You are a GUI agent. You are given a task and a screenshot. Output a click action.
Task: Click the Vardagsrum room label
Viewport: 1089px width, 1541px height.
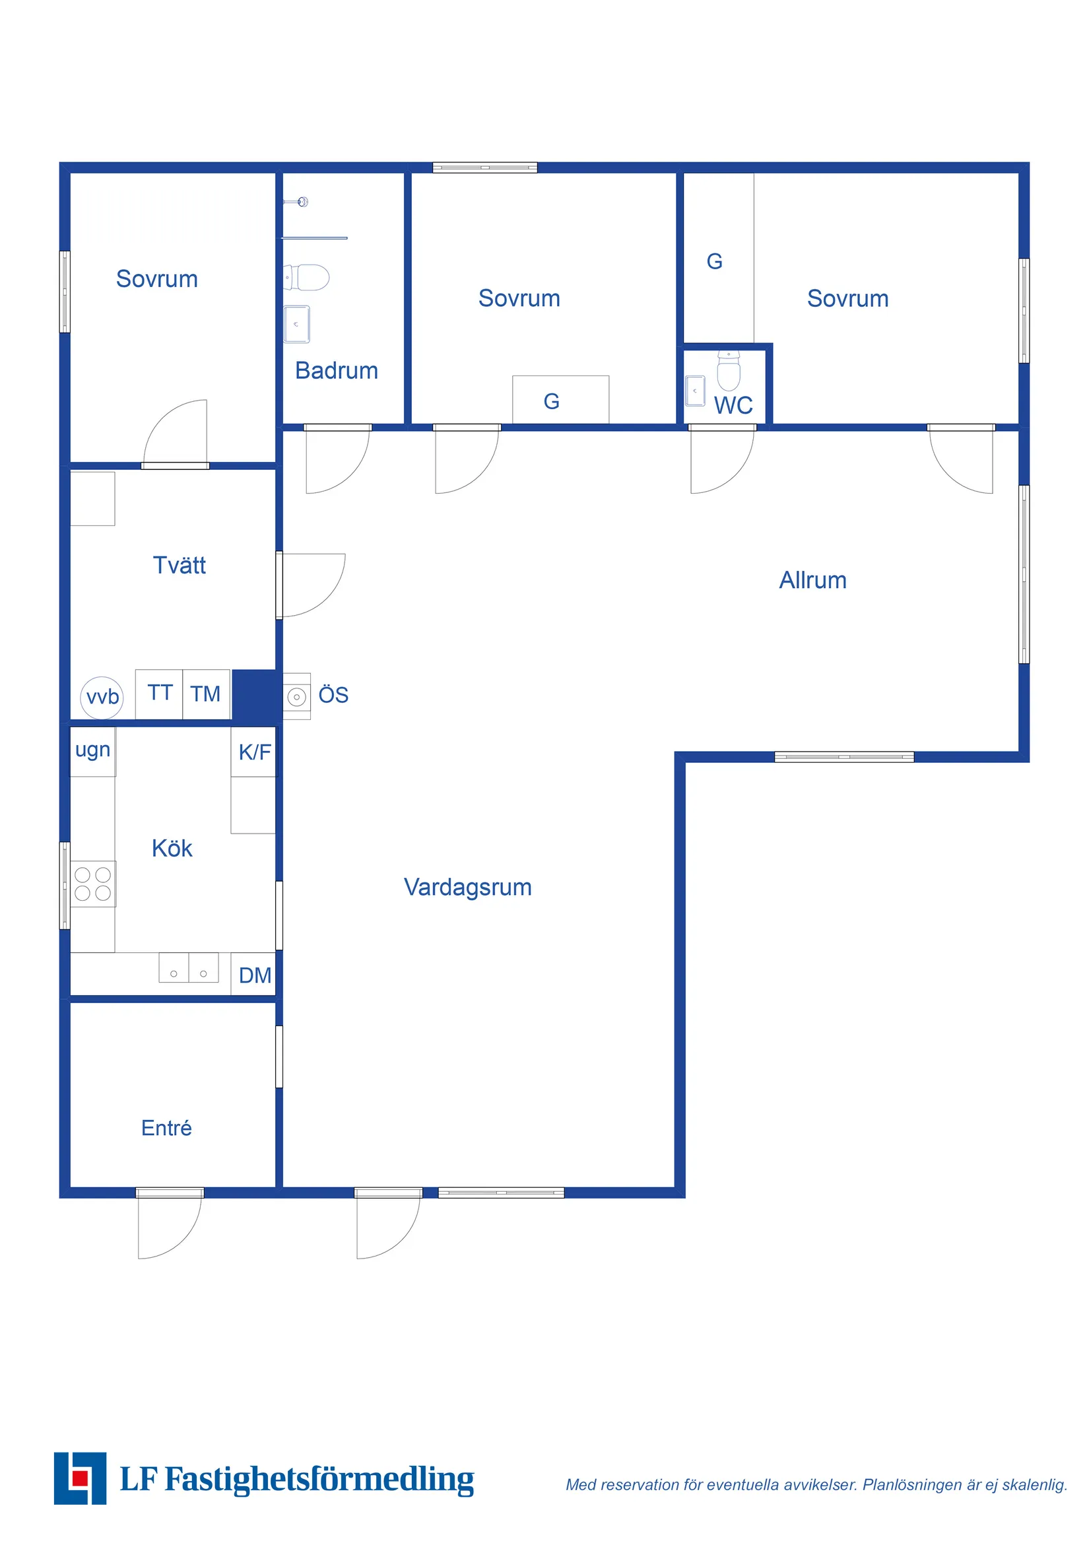467,887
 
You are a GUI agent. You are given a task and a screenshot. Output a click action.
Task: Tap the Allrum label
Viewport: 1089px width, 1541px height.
812,581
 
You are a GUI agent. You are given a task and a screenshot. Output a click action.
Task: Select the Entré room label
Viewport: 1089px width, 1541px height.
166,1129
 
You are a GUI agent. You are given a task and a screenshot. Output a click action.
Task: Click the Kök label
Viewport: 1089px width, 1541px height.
172,849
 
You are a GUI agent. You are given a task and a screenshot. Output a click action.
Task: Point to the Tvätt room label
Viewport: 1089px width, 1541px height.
180,566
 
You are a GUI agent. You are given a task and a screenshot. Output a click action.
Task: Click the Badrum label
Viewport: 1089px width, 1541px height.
337,370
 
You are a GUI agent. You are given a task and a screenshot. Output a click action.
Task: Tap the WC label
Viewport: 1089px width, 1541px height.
733,405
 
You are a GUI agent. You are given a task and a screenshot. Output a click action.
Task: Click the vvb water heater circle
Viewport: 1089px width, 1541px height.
102,698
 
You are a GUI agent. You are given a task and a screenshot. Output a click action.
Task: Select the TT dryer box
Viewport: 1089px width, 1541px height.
159,694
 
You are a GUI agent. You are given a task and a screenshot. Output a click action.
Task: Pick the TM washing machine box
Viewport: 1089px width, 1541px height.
205,694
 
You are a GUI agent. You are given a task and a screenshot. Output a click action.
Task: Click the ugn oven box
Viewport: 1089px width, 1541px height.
92,751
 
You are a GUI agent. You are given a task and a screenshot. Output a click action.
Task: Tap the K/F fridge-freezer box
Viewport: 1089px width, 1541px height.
254,752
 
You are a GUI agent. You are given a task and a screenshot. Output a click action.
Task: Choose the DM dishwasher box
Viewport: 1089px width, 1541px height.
254,975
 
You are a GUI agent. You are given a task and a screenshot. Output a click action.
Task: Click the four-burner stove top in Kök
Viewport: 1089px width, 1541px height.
92,883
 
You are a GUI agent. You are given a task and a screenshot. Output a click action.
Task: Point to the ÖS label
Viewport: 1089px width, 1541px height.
333,696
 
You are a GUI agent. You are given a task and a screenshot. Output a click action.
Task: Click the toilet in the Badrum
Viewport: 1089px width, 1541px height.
308,277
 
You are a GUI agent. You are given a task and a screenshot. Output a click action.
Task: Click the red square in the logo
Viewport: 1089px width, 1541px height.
80,1477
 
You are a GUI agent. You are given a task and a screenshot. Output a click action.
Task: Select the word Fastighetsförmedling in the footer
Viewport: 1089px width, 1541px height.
319,1479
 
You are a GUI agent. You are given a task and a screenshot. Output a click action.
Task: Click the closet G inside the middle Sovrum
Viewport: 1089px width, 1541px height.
560,400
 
